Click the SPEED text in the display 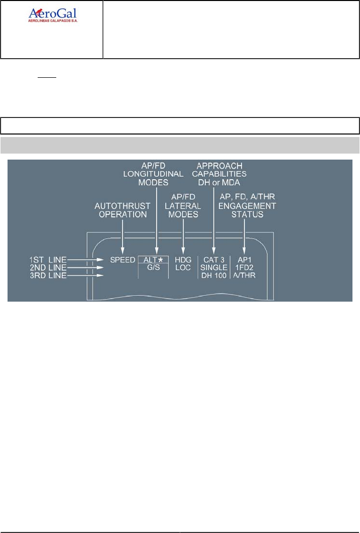[x=123, y=260]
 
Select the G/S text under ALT [x=154, y=268]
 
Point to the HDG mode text [x=183, y=260]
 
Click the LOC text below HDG [x=183, y=268]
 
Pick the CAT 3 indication [x=214, y=260]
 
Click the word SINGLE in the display [x=214, y=268]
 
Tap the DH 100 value [x=214, y=276]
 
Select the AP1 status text [x=244, y=260]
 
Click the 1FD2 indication [x=244, y=268]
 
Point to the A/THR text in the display [x=244, y=276]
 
